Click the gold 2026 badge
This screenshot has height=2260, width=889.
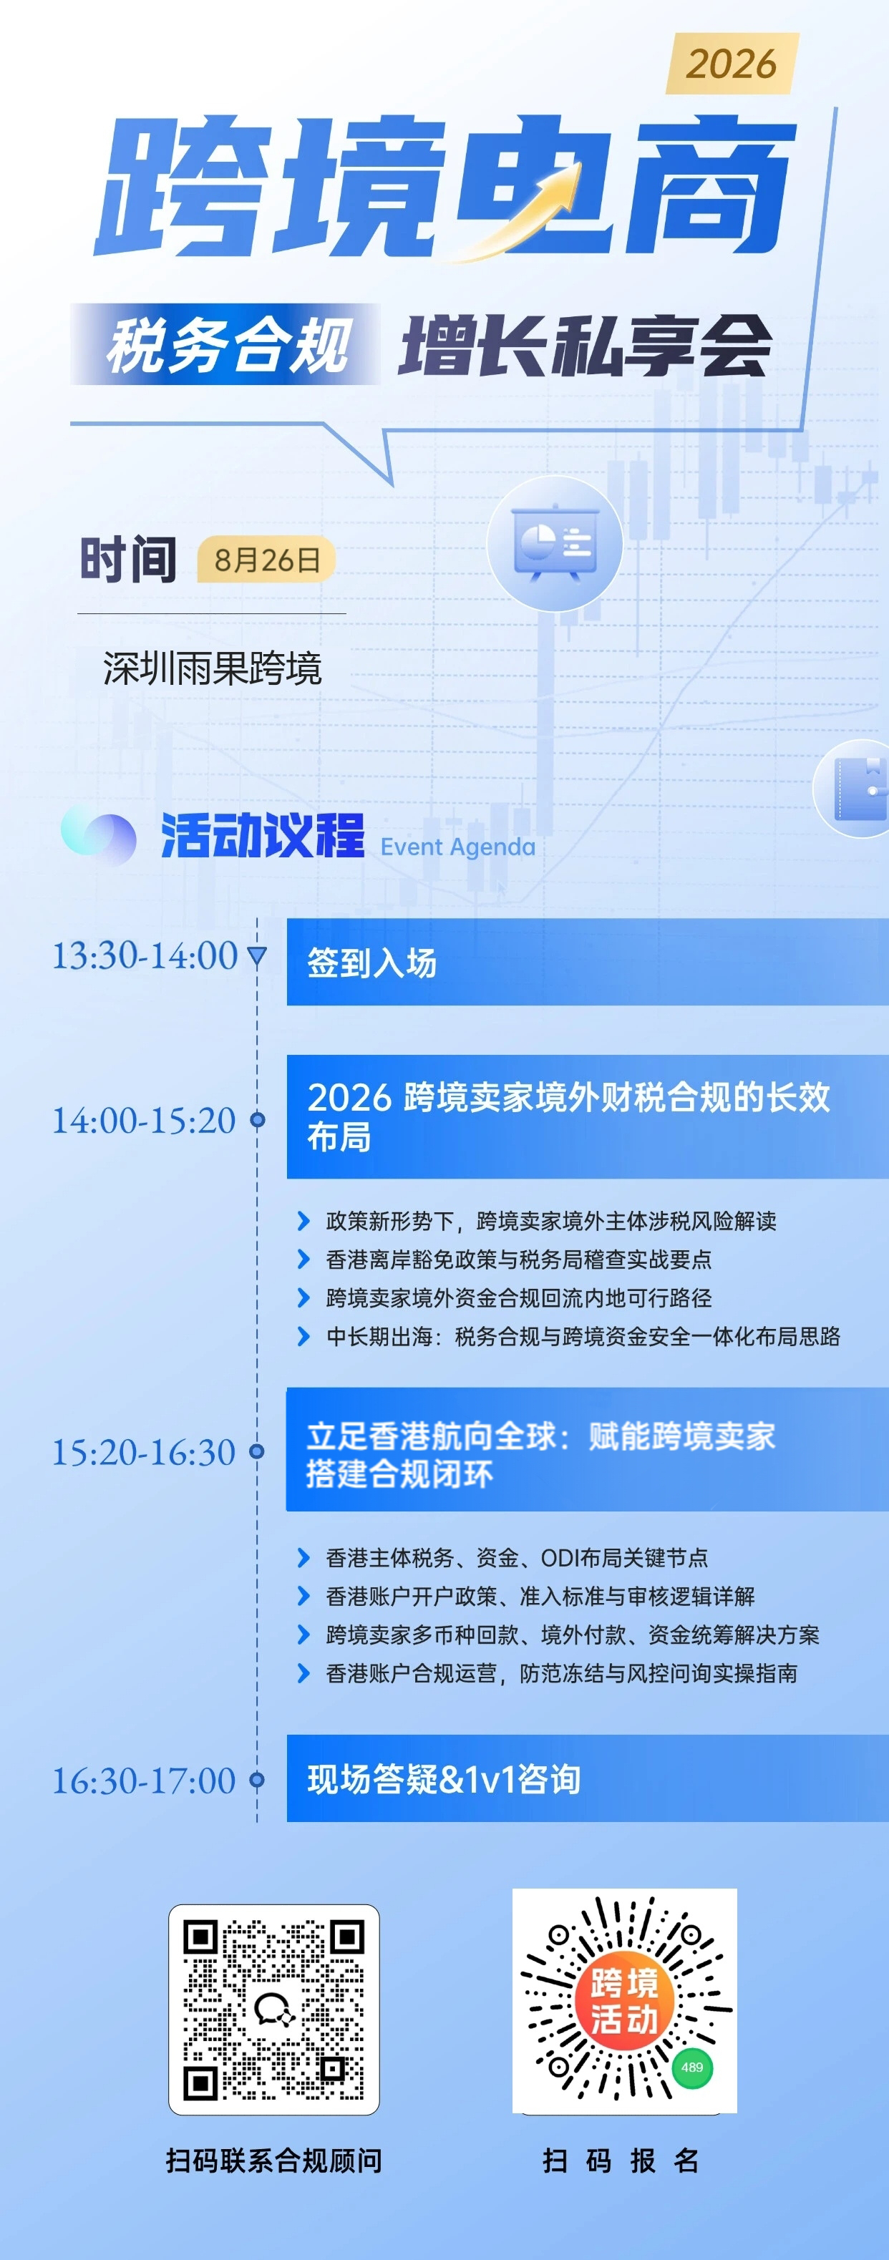(733, 63)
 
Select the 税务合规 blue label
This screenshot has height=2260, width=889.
(226, 344)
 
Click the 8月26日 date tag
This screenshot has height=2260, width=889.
(267, 560)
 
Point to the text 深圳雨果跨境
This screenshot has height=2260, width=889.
(213, 668)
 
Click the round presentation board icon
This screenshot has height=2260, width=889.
(555, 544)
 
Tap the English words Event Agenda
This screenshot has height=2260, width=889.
(457, 847)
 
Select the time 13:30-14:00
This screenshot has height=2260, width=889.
(145, 955)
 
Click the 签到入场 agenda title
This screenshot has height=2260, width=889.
(372, 963)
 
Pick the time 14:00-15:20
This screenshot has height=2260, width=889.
(145, 1121)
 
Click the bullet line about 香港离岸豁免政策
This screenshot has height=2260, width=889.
(518, 1259)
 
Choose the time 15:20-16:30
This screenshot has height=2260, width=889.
(145, 1452)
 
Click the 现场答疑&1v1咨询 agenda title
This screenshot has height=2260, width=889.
(444, 1778)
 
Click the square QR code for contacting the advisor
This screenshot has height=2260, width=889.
(274, 2009)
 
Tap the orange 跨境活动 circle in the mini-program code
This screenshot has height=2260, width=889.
(624, 2001)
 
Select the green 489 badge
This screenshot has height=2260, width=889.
(692, 2067)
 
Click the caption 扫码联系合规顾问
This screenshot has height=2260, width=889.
(274, 2160)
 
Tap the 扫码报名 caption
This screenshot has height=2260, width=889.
(621, 2160)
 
